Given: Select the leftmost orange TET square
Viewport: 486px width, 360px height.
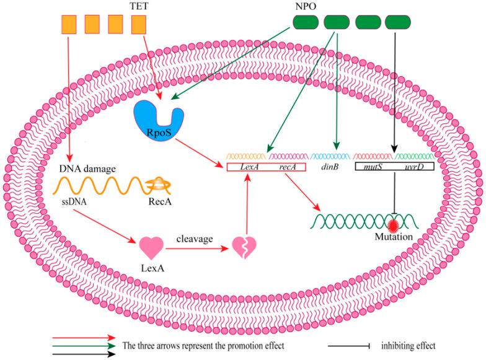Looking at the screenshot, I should (68, 24).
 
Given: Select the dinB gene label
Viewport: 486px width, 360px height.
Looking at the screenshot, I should (329, 167).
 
